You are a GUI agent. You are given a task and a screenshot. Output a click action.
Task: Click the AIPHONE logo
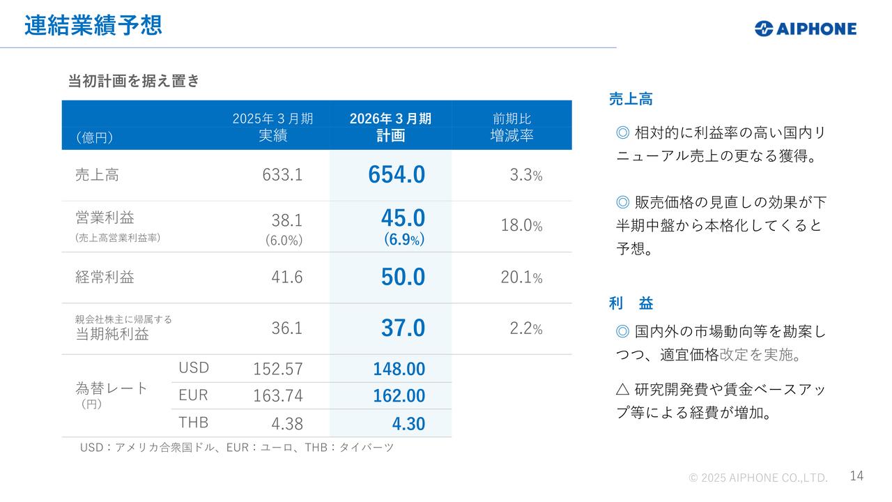point(805,29)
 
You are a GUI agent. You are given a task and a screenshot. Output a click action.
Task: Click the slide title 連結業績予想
point(93,25)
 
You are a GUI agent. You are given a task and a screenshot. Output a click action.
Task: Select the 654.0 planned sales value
point(396,175)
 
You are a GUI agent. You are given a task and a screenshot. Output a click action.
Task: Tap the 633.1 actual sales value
point(282,174)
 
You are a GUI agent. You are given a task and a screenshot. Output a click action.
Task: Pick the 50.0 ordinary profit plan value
point(402,277)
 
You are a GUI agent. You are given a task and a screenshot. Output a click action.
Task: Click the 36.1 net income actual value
point(286,328)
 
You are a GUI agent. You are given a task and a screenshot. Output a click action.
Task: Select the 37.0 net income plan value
point(402,328)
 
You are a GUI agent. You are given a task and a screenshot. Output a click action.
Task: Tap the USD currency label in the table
point(193,367)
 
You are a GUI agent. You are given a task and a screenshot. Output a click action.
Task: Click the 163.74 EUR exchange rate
point(277,396)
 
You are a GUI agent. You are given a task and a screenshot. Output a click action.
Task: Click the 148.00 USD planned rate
point(399,369)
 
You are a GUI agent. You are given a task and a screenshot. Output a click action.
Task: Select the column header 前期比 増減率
point(512,127)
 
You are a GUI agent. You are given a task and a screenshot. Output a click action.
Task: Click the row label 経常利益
point(105,277)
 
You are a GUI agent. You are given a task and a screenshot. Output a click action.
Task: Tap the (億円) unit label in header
point(94,137)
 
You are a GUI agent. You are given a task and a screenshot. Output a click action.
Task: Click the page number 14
point(856,476)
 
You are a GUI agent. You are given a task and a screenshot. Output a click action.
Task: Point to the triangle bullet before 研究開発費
point(623,390)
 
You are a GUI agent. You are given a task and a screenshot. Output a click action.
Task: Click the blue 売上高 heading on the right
point(630,99)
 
